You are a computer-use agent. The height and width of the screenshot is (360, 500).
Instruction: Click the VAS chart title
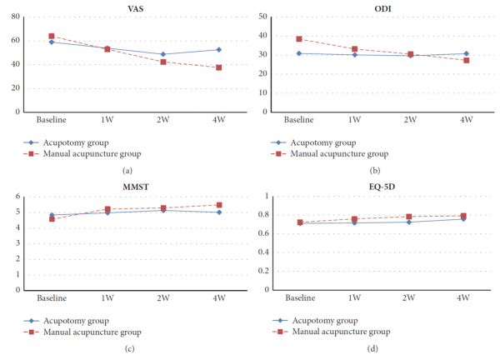136,8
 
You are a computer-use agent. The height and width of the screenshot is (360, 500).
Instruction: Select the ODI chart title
382,8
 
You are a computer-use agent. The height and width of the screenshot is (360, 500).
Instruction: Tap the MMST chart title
136,187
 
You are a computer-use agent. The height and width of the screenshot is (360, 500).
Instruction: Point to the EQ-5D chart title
382,187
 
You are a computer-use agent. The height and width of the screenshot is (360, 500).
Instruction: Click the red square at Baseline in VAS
52,36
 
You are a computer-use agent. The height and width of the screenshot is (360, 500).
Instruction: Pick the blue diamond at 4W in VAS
218,50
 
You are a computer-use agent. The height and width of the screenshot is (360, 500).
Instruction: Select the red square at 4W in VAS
218,67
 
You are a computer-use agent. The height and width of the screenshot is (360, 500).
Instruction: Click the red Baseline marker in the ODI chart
299,39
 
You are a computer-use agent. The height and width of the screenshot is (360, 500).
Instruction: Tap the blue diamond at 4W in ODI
466,53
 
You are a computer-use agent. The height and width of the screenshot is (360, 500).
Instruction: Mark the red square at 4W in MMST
219,205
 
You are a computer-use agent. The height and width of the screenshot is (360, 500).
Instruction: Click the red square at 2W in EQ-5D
409,217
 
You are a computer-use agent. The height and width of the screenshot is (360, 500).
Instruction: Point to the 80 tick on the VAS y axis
15,17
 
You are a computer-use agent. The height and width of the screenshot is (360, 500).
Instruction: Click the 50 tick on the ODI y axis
262,17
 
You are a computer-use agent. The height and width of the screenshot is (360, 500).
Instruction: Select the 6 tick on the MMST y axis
17,196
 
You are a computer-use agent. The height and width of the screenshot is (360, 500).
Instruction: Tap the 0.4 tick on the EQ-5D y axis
263,252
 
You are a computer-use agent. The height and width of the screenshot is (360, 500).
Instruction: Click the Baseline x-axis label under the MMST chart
52,297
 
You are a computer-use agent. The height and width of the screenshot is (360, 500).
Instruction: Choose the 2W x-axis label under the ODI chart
410,119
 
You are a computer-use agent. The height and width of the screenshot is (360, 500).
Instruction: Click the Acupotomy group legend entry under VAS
66,142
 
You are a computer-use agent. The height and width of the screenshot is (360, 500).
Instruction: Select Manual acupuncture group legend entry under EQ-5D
332,332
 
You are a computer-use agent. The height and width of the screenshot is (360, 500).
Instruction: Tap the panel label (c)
129,348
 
